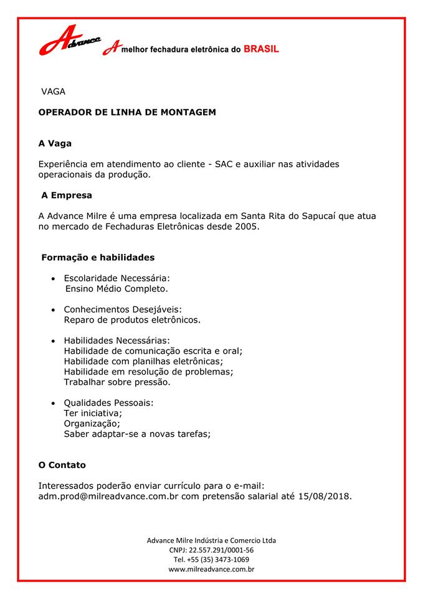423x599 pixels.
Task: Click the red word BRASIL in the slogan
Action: (x=260, y=49)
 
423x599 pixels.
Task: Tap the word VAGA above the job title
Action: (x=53, y=92)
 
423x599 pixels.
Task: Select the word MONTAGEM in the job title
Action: (x=188, y=112)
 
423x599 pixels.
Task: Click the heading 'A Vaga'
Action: (x=55, y=144)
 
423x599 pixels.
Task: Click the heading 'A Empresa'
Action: (x=67, y=195)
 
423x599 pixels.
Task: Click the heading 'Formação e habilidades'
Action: (x=98, y=257)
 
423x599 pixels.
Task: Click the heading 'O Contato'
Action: (x=62, y=465)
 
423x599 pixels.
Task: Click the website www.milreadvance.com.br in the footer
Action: (x=211, y=569)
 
